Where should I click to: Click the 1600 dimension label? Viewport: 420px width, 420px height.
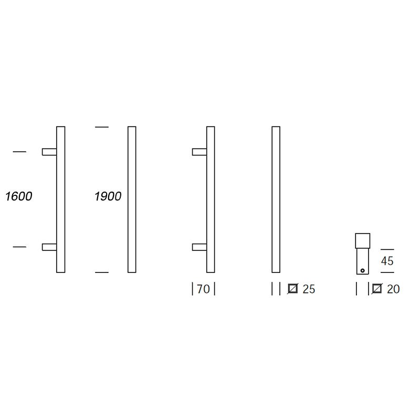point(19,196)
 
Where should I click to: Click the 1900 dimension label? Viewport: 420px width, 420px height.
point(108,196)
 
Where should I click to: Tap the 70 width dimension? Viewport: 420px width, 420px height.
point(203,289)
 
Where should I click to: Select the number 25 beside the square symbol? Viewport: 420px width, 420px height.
point(309,289)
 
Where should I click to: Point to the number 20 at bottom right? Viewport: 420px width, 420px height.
point(393,289)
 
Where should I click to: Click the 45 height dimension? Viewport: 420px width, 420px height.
point(387,261)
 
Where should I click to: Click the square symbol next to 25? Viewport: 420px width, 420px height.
point(292,289)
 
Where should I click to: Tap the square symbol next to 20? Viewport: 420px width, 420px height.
point(377,289)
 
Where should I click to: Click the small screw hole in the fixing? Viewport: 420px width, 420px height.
point(362,270)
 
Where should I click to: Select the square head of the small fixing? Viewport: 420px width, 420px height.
point(363,241)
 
